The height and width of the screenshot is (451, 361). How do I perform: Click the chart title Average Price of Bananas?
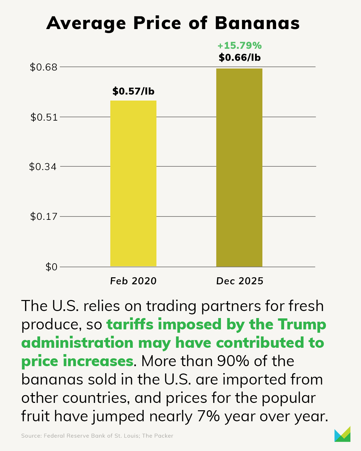pyautogui.click(x=173, y=23)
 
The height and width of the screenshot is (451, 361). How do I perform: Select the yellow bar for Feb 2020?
pyautogui.click(x=133, y=183)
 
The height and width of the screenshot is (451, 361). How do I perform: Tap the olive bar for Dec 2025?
pyautogui.click(x=239, y=167)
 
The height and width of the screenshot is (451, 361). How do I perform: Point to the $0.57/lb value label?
pyautogui.click(x=133, y=91)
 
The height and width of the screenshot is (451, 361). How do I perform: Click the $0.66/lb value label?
pyautogui.click(x=240, y=57)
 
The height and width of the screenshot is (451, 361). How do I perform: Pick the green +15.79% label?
pyautogui.click(x=240, y=45)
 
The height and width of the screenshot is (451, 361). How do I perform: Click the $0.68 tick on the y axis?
pyautogui.click(x=43, y=67)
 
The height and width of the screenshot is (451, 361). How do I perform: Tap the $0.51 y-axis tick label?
pyautogui.click(x=44, y=117)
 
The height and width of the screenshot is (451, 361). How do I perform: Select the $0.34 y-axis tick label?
pyautogui.click(x=43, y=167)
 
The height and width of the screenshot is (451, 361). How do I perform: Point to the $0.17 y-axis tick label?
pyautogui.click(x=44, y=216)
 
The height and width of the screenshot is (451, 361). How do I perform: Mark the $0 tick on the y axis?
pyautogui.click(x=51, y=267)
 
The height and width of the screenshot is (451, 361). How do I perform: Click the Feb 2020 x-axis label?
pyautogui.click(x=133, y=281)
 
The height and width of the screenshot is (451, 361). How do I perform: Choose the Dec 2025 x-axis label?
pyautogui.click(x=240, y=281)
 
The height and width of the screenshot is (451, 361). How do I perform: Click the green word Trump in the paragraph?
pyautogui.click(x=302, y=324)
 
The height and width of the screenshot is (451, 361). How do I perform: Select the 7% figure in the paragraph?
pyautogui.click(x=208, y=416)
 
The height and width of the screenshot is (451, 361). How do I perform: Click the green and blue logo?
pyautogui.click(x=342, y=434)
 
